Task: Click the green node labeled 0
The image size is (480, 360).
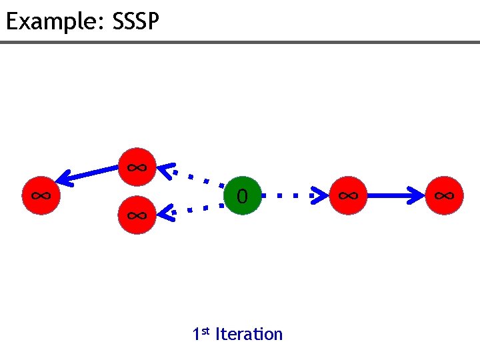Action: [x=242, y=196]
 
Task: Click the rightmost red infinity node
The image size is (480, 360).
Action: [x=445, y=196]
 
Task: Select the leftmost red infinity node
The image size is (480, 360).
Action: [x=41, y=196]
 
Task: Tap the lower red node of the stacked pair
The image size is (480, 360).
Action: [x=137, y=215]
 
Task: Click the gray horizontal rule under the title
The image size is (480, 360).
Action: [x=240, y=43]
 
